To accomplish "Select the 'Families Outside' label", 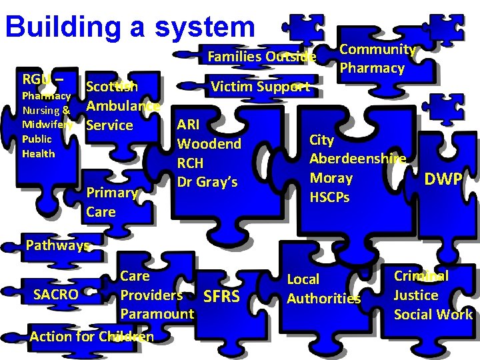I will click(x=262, y=57).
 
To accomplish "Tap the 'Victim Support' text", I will click(x=260, y=87).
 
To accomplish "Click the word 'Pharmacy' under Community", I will click(x=371, y=68).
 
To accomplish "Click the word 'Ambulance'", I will click(x=123, y=105).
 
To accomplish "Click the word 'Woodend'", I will click(x=209, y=144).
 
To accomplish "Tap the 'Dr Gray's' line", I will click(x=207, y=181).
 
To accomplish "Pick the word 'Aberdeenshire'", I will click(x=358, y=159).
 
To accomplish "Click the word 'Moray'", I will click(x=331, y=178).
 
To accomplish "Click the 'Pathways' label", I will click(x=57, y=245).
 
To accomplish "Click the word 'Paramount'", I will click(x=157, y=313).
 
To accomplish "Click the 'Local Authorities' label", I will click(x=323, y=289).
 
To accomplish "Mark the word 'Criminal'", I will click(x=421, y=275).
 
